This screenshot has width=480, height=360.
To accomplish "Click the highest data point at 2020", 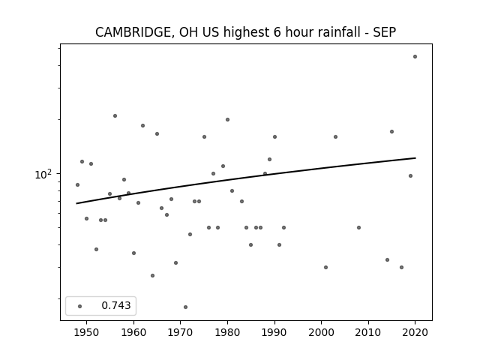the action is pyautogui.click(x=415, y=57).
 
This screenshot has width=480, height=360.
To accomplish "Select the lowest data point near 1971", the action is pyautogui.click(x=185, y=307).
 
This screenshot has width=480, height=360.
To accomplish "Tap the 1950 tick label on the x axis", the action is pyautogui.click(x=87, y=332).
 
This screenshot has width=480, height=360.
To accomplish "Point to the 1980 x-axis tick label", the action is pyautogui.click(x=227, y=332).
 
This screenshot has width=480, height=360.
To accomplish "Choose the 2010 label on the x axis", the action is pyautogui.click(x=368, y=332).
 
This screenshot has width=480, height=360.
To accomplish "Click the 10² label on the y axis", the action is pyautogui.click(x=43, y=174).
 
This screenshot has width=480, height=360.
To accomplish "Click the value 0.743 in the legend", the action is pyautogui.click(x=116, y=305).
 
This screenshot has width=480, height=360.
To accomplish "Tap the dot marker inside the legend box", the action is pyautogui.click(x=80, y=306).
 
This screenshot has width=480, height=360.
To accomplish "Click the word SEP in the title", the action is pyautogui.click(x=385, y=32).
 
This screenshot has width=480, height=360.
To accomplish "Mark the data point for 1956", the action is pyautogui.click(x=115, y=115).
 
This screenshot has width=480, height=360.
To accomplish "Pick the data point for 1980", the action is pyautogui.click(x=227, y=120).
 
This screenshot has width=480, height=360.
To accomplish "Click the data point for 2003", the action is pyautogui.click(x=335, y=136).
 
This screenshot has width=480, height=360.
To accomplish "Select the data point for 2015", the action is pyautogui.click(x=391, y=132).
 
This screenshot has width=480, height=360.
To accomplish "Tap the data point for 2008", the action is pyautogui.click(x=358, y=227).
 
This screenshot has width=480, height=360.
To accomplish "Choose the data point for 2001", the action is pyautogui.click(x=325, y=267).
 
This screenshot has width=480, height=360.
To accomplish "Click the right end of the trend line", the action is pyautogui.click(x=415, y=158).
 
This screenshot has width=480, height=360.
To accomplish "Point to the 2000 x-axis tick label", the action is pyautogui.click(x=321, y=332).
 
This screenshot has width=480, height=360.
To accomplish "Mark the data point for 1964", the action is pyautogui.click(x=152, y=275).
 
